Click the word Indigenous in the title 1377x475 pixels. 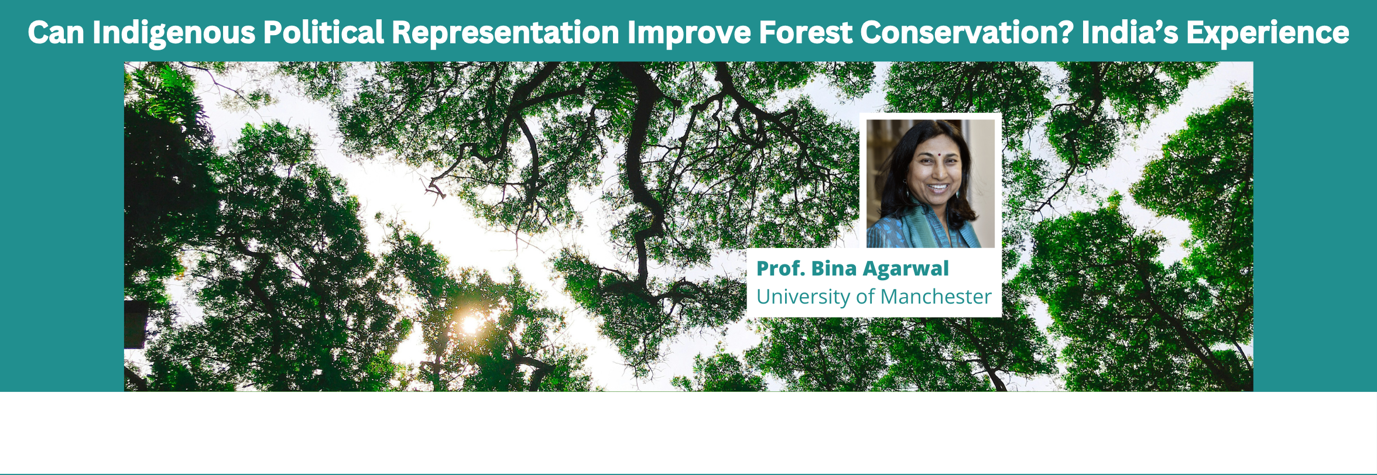(174, 33)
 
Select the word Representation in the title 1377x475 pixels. (506, 33)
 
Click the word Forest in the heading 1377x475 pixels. (806, 32)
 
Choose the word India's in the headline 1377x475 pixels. (1130, 32)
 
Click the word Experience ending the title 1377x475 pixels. (1268, 33)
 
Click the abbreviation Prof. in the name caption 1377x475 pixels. (780, 269)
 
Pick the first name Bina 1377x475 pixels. (834, 269)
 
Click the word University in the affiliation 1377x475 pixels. (804, 297)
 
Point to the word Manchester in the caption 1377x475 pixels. (936, 297)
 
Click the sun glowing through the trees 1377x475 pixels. (470, 323)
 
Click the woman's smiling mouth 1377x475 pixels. (938, 188)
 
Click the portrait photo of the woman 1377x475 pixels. (930, 184)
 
